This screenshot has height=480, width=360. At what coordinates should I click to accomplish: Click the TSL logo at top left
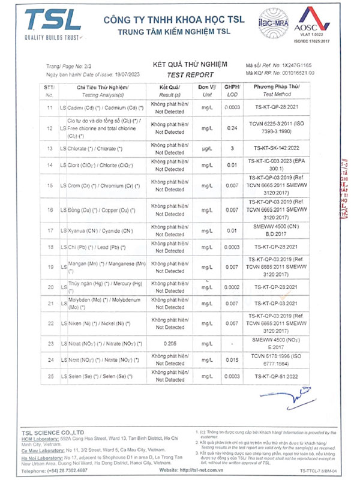(x=50, y=24)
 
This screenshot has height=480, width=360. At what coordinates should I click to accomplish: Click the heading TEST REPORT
(x=191, y=75)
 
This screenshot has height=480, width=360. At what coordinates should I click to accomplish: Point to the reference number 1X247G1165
(x=297, y=64)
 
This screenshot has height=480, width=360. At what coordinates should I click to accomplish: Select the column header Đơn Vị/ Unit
(x=208, y=91)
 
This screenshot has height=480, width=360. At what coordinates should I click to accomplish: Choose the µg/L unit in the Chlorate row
(x=208, y=148)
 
